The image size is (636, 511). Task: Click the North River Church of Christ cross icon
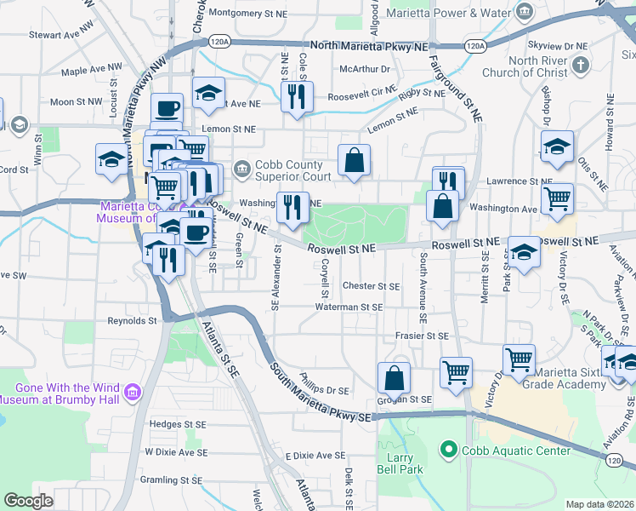(581, 65)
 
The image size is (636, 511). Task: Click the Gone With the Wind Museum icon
(133, 392)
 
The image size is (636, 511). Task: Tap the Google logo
(28, 501)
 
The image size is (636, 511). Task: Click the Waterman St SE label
(349, 307)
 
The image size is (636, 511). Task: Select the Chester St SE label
(371, 286)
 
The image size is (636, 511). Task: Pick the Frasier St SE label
(421, 336)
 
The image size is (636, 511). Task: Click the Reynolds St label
(132, 321)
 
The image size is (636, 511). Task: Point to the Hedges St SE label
(178, 423)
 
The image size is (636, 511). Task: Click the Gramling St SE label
(173, 479)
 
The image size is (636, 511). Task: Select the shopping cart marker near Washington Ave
(557, 198)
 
